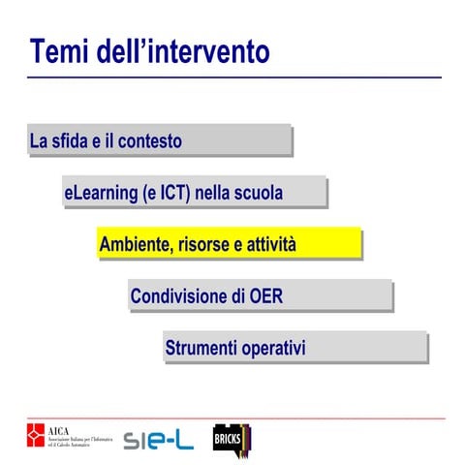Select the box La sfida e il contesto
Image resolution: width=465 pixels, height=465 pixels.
pos(159,140)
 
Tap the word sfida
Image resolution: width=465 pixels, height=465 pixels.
pos(77,141)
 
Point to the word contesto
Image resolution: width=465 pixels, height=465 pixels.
pos(151,141)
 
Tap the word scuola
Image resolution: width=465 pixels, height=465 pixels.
pos(257,193)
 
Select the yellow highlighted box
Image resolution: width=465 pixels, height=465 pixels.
pos(229,244)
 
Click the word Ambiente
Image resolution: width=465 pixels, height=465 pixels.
pos(134,245)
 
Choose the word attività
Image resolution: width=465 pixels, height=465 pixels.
pos(270,245)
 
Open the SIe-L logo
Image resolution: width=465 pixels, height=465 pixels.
pos(158,440)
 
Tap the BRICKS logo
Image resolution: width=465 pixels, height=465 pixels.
pos(232,438)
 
